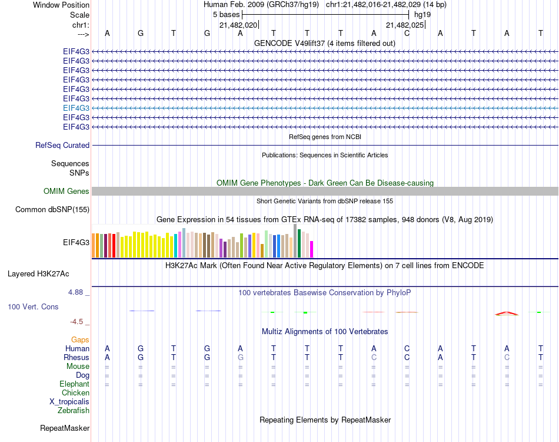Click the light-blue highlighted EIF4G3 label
[76, 108]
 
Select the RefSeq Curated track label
[62, 145]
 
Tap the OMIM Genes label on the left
[66, 191]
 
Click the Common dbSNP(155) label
[52, 209]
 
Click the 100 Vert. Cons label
[33, 307]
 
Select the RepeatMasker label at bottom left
[64, 428]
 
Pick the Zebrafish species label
[74, 411]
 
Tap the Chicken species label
[75, 393]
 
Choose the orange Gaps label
[80, 340]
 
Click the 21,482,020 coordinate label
[238, 25]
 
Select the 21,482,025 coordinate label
[404, 25]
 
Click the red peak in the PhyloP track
[507, 313]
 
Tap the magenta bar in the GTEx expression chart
[312, 249]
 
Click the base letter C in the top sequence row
[407, 34]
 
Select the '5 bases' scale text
[226, 14]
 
